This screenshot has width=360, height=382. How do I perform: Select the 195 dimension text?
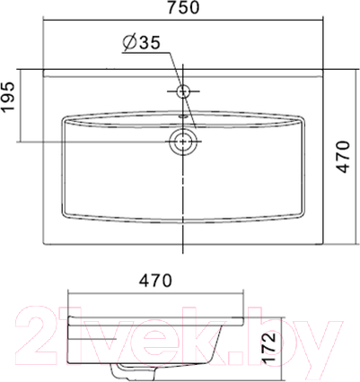(10, 105)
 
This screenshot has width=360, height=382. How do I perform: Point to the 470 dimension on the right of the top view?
(349, 157)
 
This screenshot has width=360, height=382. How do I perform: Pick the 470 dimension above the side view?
(154, 280)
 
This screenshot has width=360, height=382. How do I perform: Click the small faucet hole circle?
(183, 91)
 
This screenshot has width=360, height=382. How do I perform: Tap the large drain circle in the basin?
(183, 141)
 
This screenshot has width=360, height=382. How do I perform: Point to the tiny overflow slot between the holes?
(183, 115)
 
